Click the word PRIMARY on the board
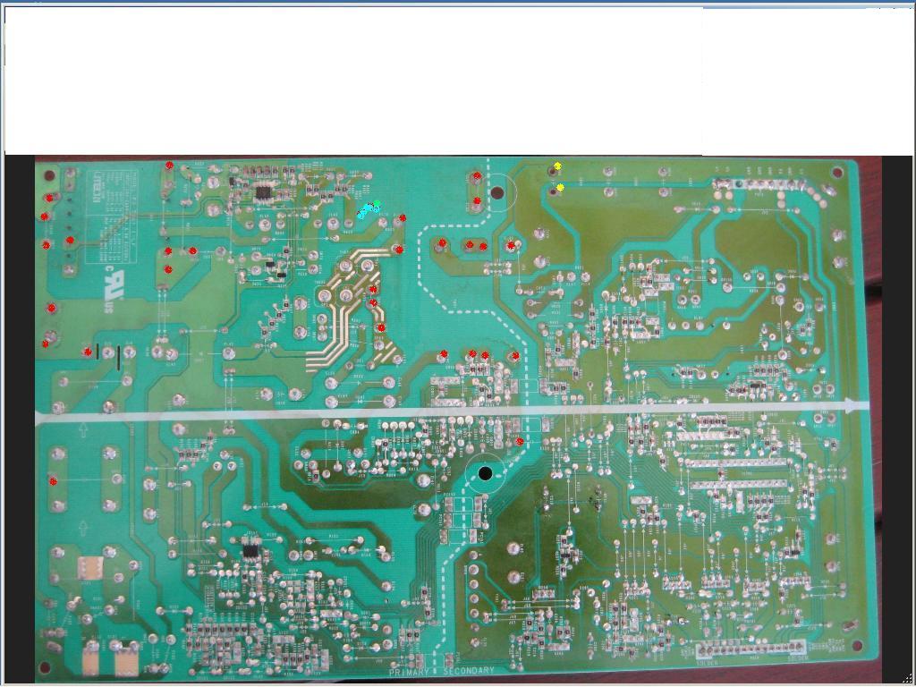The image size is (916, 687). (410, 671)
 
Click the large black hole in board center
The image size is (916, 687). (486, 473)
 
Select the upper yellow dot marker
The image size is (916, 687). (557, 166)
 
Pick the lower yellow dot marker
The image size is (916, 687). (560, 188)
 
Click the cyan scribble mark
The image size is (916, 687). (367, 211)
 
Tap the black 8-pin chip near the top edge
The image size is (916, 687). (264, 191)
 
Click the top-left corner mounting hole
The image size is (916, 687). (50, 174)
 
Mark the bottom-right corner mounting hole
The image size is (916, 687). (858, 646)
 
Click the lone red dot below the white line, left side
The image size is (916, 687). (54, 482)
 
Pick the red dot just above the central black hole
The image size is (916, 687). (520, 441)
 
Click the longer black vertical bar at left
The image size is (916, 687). (118, 357)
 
